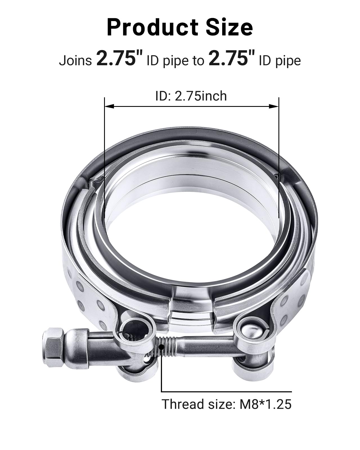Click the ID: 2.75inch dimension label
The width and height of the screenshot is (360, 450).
(191, 96)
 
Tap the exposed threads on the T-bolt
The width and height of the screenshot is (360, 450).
(166, 345)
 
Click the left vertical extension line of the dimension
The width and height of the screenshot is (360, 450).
(104, 157)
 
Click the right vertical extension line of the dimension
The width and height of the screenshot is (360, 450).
(279, 157)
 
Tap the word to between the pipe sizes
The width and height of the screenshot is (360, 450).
(198, 60)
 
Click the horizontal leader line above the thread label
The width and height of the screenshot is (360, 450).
(226, 391)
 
